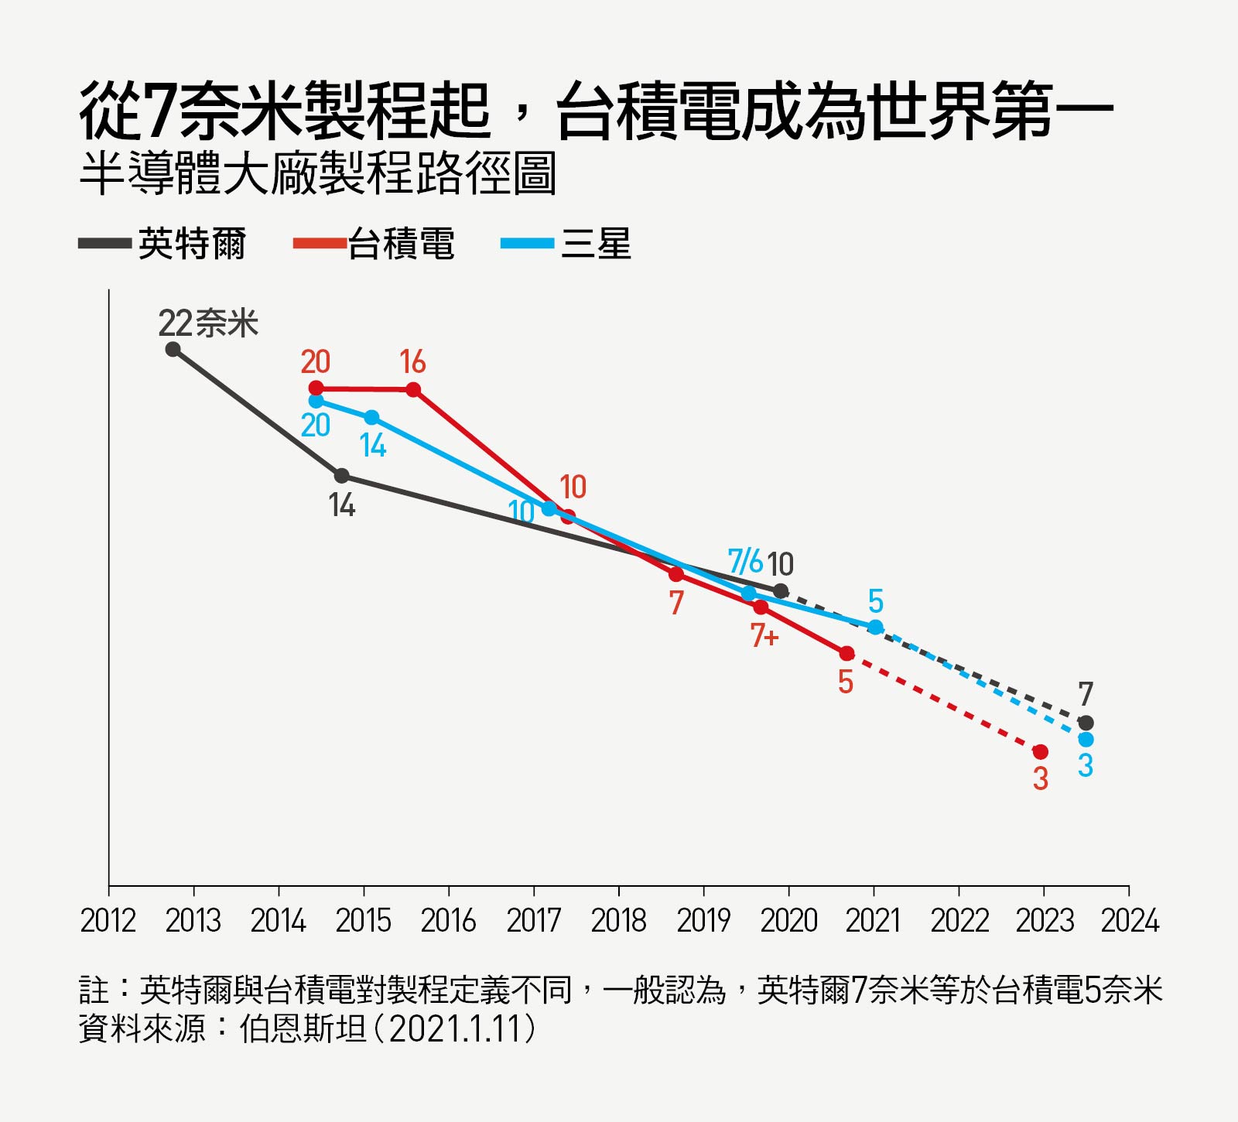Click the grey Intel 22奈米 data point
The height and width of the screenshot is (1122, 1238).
173,349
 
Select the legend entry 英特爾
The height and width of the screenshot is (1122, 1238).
192,245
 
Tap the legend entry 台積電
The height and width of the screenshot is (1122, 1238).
401,245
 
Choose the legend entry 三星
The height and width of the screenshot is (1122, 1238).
595,245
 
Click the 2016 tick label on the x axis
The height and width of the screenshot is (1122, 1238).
448,921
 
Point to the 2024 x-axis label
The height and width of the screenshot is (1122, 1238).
1129,921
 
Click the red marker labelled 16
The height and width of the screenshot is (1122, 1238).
413,389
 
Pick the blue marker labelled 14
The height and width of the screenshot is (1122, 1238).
371,417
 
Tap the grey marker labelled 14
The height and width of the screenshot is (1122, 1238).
341,475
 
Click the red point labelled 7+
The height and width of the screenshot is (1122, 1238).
761,607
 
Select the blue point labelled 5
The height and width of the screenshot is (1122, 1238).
875,627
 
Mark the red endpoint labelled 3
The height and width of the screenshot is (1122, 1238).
1041,751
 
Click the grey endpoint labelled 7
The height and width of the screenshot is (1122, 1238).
1086,723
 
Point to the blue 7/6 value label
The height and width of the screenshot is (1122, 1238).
745,561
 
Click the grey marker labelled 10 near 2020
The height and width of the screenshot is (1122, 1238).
781,591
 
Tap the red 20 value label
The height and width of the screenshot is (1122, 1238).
315,362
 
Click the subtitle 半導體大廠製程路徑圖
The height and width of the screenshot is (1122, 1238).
317,174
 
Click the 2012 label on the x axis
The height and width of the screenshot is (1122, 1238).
108,921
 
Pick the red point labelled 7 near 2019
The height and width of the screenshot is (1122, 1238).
676,574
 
